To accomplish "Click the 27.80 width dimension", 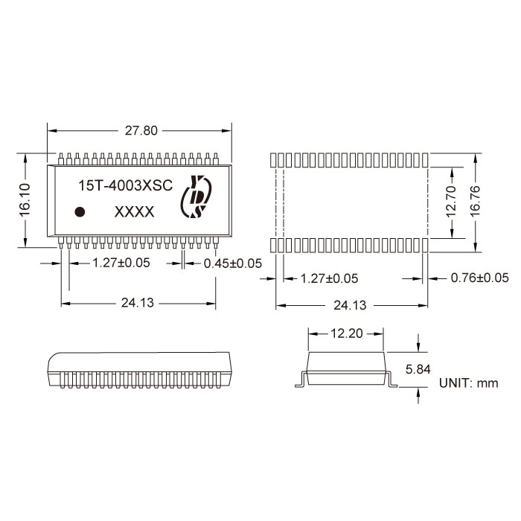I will [141, 130].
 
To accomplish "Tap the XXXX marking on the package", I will [134, 212].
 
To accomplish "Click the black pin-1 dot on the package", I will [80, 212].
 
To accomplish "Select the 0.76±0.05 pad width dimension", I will [479, 278].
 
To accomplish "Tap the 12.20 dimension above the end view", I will [346, 334].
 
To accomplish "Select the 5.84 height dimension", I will [418, 368].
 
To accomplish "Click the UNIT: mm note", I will [468, 383].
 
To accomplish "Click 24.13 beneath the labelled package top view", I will [139, 303].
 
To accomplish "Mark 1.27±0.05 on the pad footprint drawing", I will [328, 278].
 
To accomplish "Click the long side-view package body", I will [139, 365].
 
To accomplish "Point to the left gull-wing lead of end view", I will [299, 380].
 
